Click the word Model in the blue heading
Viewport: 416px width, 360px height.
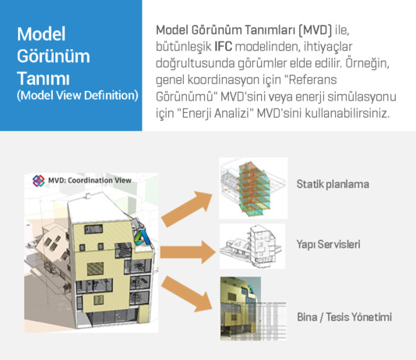tap(41, 34)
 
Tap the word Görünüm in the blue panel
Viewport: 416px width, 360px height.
tap(53, 57)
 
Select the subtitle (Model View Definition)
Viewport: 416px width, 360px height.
tap(77, 96)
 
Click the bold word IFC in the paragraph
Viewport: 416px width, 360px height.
tap(223, 47)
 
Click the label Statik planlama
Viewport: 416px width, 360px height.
tap(333, 185)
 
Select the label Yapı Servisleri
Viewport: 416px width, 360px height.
tap(328, 245)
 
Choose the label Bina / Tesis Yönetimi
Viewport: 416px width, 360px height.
tap(344, 317)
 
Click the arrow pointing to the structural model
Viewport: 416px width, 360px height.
tap(187, 209)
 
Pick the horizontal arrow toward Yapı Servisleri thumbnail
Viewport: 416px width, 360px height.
tap(188, 252)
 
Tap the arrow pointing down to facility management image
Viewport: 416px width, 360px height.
tap(187, 294)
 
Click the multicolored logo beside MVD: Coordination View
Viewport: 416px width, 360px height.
tap(38, 181)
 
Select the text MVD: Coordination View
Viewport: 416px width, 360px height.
tap(90, 181)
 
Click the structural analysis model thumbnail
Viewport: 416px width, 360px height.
tap(253, 189)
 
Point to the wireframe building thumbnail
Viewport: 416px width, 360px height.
tap(252, 246)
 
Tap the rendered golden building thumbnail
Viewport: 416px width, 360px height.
tap(253, 309)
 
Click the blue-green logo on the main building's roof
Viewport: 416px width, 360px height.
tap(141, 237)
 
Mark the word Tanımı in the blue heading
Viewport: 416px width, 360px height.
tap(44, 79)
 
